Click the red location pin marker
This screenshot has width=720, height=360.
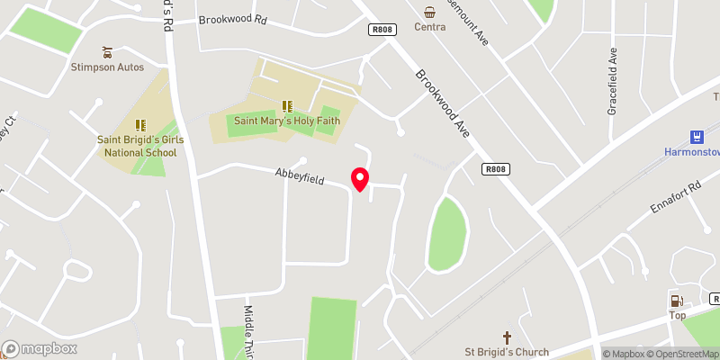360,178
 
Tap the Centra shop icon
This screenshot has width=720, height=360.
430,12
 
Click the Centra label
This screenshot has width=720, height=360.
430,27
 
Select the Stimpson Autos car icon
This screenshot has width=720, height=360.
108,51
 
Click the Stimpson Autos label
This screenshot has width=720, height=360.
108,66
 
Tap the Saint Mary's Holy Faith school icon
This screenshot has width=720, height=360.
288,106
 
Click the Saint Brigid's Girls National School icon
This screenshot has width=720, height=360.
139,125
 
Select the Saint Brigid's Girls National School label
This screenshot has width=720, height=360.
139,146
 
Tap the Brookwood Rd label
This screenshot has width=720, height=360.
233,19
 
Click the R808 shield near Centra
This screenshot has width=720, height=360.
382,30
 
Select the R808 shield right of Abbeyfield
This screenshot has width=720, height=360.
495,168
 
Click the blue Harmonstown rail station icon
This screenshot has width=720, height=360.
696,137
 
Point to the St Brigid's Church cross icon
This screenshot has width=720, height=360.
507,337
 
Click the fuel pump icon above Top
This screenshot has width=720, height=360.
676,301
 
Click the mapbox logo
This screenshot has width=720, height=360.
40,349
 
